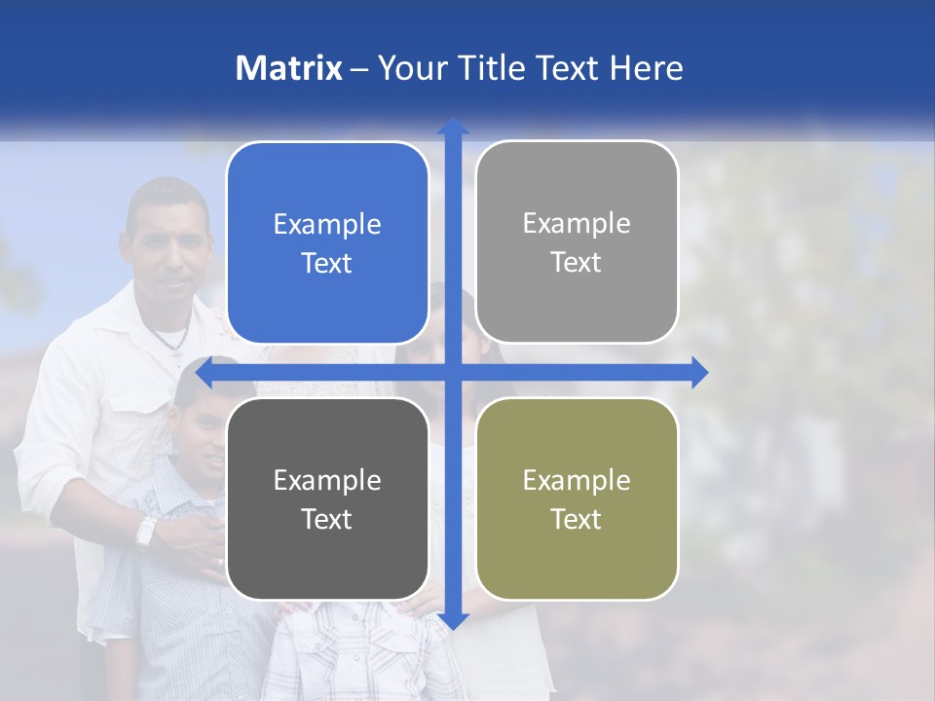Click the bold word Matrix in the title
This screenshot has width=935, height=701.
pyautogui.click(x=289, y=68)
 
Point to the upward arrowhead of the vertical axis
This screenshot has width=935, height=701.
pyautogui.click(x=453, y=127)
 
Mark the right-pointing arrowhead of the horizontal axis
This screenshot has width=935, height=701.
pyautogui.click(x=699, y=373)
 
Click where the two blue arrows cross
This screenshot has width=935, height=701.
pyautogui.click(x=453, y=373)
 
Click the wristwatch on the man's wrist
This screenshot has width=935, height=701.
pyautogui.click(x=146, y=532)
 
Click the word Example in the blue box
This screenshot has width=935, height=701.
pyautogui.click(x=327, y=225)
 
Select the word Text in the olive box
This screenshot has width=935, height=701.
pyautogui.click(x=577, y=519)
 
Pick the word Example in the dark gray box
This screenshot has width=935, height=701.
pyautogui.click(x=327, y=480)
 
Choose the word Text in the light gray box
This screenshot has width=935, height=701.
pyautogui.click(x=577, y=263)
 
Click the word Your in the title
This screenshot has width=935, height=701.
pyautogui.click(x=408, y=68)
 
